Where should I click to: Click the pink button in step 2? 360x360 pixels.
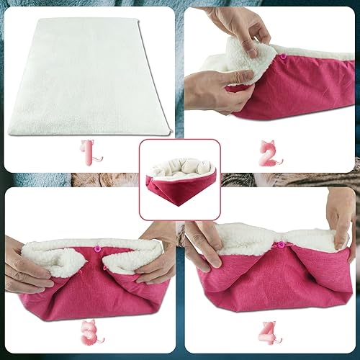pos(283,55)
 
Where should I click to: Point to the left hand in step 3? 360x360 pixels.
pos(25,266)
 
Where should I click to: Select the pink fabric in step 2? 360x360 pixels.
pos(302,86)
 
